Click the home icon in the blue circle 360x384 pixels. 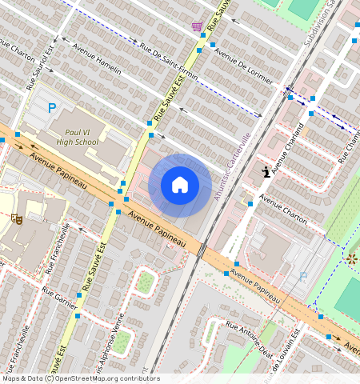[x=180, y=185]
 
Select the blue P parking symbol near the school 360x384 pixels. [x=53, y=108]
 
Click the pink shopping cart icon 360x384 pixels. [x=197, y=26]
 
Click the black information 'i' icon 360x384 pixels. [x=266, y=171]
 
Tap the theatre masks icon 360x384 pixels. [x=16, y=218]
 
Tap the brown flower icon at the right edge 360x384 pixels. [x=351, y=258]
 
